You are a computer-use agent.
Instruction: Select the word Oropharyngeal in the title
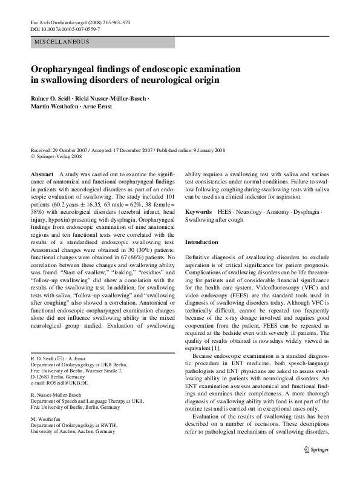coord(66,69)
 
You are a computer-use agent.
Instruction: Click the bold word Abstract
coord(41,174)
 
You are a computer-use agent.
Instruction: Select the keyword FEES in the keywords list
coord(224,213)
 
